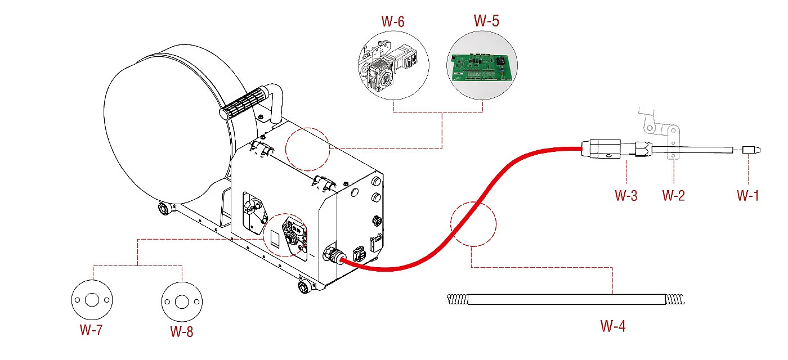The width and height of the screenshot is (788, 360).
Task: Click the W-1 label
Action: click(x=747, y=196)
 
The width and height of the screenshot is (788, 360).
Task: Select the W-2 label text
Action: click(x=673, y=196)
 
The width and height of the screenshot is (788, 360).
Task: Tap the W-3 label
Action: click(x=626, y=196)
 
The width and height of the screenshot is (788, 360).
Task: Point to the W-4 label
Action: click(x=613, y=326)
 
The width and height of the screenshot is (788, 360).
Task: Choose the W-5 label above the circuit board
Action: click(x=486, y=21)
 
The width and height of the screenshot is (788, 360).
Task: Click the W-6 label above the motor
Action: click(x=393, y=21)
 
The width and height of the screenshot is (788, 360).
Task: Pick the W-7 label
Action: click(x=91, y=330)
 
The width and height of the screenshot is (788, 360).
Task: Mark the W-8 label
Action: click(x=181, y=331)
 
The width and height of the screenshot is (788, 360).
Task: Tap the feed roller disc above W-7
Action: click(x=92, y=300)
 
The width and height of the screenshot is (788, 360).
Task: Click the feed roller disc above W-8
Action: click(x=182, y=301)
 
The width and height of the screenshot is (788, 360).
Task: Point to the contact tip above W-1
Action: click(x=751, y=150)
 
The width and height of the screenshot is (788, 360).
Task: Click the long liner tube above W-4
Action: click(x=566, y=299)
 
